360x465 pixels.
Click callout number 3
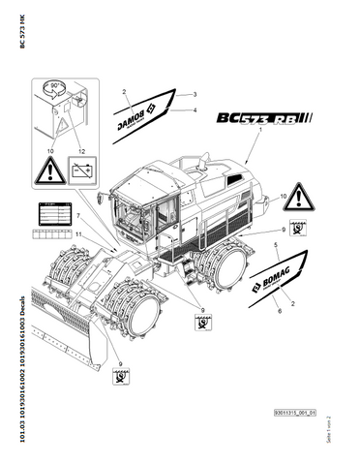pos(195,93)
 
